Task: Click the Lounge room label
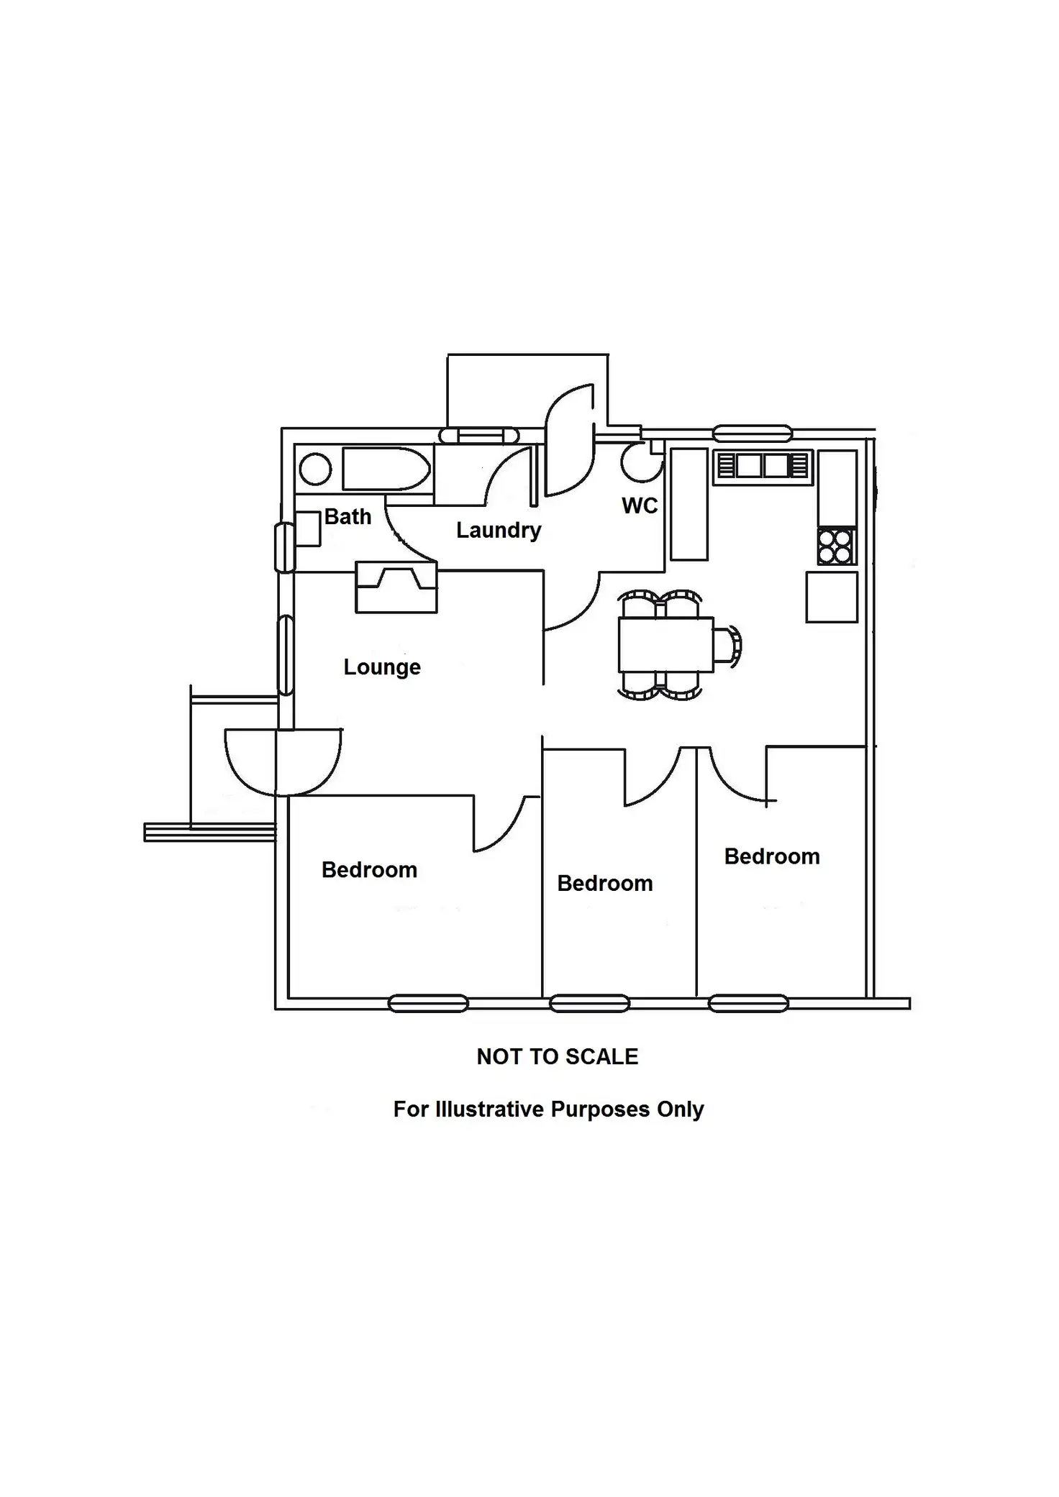click(x=382, y=667)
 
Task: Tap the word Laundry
click(x=499, y=530)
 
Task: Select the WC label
click(x=640, y=505)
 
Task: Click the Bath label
click(x=347, y=516)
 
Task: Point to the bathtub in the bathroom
click(x=386, y=470)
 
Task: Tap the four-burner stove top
click(x=836, y=546)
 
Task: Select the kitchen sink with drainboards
click(x=763, y=465)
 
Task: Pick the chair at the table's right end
click(x=727, y=644)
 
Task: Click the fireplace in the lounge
click(x=396, y=587)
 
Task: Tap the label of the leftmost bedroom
click(x=369, y=870)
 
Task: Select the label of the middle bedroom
click(x=604, y=883)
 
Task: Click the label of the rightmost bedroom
click(x=771, y=856)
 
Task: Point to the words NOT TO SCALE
click(x=557, y=1056)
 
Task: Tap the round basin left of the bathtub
click(x=315, y=470)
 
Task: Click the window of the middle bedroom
click(x=589, y=1003)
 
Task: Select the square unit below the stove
click(x=832, y=597)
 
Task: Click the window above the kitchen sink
click(x=753, y=434)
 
